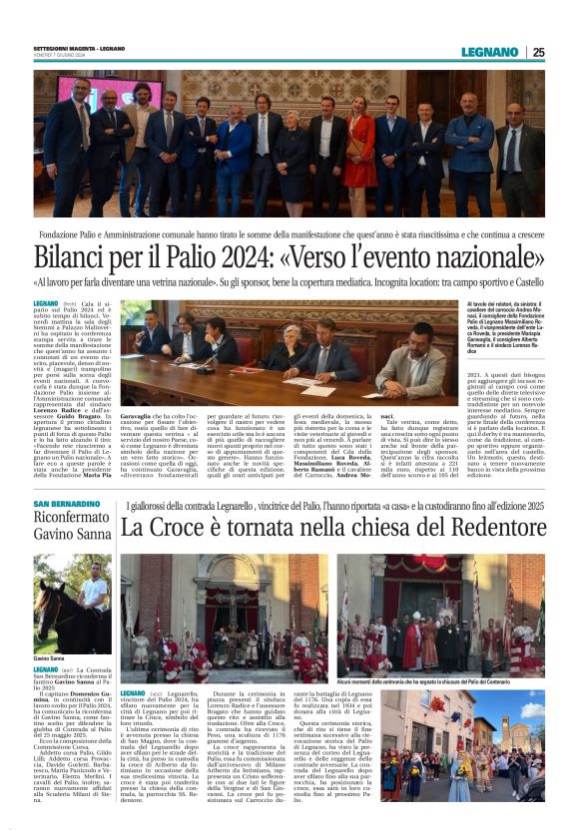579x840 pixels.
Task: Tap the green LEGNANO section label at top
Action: click(x=489, y=52)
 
